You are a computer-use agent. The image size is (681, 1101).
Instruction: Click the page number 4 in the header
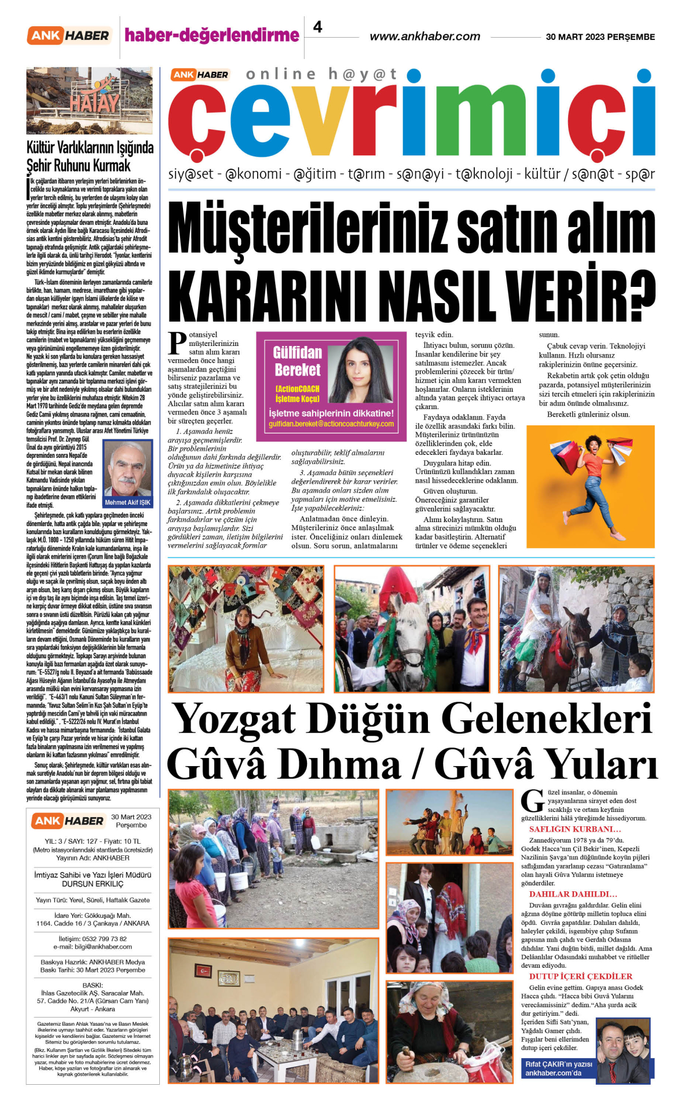click(x=317, y=27)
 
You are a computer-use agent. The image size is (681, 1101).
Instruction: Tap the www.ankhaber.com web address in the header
click(x=424, y=37)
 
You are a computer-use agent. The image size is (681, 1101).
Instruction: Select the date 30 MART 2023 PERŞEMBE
click(x=600, y=37)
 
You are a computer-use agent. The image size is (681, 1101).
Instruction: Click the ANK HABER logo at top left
click(x=68, y=35)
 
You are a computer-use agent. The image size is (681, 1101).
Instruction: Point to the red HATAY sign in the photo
click(x=94, y=103)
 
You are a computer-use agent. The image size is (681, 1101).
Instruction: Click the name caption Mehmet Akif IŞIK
click(x=127, y=502)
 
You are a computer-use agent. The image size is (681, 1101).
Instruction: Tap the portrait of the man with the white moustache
click(x=127, y=469)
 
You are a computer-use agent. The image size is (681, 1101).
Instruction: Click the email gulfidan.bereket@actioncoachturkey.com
click(x=331, y=424)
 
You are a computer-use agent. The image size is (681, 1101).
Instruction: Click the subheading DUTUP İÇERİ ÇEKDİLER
click(x=580, y=976)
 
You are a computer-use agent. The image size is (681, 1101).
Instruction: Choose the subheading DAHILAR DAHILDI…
click(x=573, y=894)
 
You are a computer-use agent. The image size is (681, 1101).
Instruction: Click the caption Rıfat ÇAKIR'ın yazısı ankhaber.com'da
click(x=558, y=1069)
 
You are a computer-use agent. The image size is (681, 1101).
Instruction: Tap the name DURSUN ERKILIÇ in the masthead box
click(x=93, y=884)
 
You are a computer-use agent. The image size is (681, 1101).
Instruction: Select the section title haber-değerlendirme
click(x=212, y=35)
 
